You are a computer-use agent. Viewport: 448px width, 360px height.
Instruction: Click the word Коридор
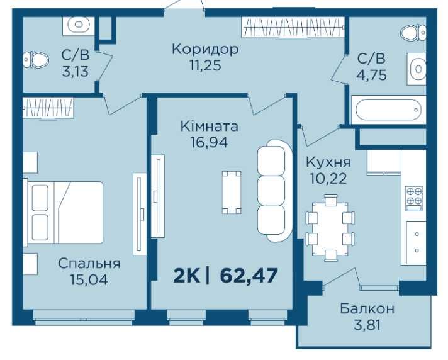(205, 50)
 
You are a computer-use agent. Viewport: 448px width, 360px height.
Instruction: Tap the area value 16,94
(209, 142)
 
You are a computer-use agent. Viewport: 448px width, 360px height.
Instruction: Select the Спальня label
(89, 264)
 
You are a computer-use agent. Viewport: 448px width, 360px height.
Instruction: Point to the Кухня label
(328, 162)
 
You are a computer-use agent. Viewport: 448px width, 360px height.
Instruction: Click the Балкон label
(367, 308)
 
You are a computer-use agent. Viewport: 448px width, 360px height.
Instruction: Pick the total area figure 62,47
(249, 276)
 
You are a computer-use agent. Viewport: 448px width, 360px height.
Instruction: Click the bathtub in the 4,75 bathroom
(389, 110)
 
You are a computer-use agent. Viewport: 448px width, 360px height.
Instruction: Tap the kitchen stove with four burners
(415, 198)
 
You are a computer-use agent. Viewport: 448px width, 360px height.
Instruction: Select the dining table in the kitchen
(330, 228)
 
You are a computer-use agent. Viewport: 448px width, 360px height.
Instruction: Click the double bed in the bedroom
(64, 213)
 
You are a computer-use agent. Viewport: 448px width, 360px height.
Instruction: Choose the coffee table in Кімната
(232, 193)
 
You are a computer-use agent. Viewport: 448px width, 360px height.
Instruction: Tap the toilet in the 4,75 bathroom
(413, 33)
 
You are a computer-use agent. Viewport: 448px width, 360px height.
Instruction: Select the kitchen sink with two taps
(416, 242)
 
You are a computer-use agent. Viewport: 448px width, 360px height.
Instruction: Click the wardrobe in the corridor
(293, 27)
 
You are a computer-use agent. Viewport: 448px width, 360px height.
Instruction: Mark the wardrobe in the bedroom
(48, 108)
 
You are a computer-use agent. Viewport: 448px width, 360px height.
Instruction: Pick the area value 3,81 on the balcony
(367, 325)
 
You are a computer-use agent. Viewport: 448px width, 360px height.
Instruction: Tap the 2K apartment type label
(186, 276)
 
